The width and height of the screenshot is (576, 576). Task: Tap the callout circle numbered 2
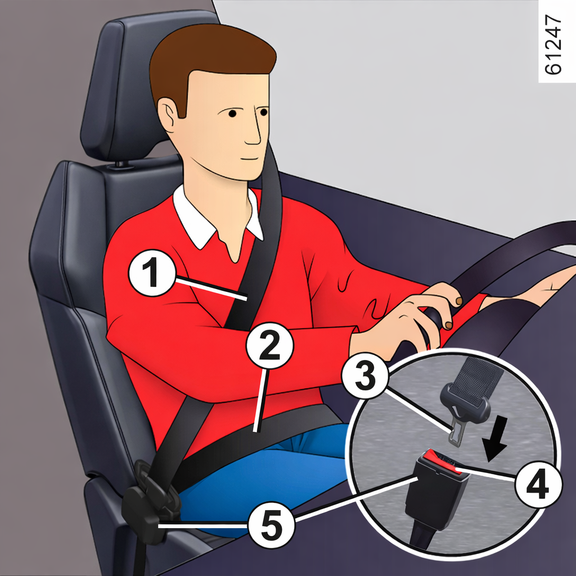point(270,346)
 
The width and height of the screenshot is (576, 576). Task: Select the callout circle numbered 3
point(365,375)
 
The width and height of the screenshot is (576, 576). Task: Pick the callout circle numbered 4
point(538,485)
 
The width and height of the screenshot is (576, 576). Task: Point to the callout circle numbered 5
point(272,525)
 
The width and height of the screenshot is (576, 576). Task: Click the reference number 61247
point(553,44)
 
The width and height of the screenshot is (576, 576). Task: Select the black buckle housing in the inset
point(436,496)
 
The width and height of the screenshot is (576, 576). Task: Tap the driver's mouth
point(250,159)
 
